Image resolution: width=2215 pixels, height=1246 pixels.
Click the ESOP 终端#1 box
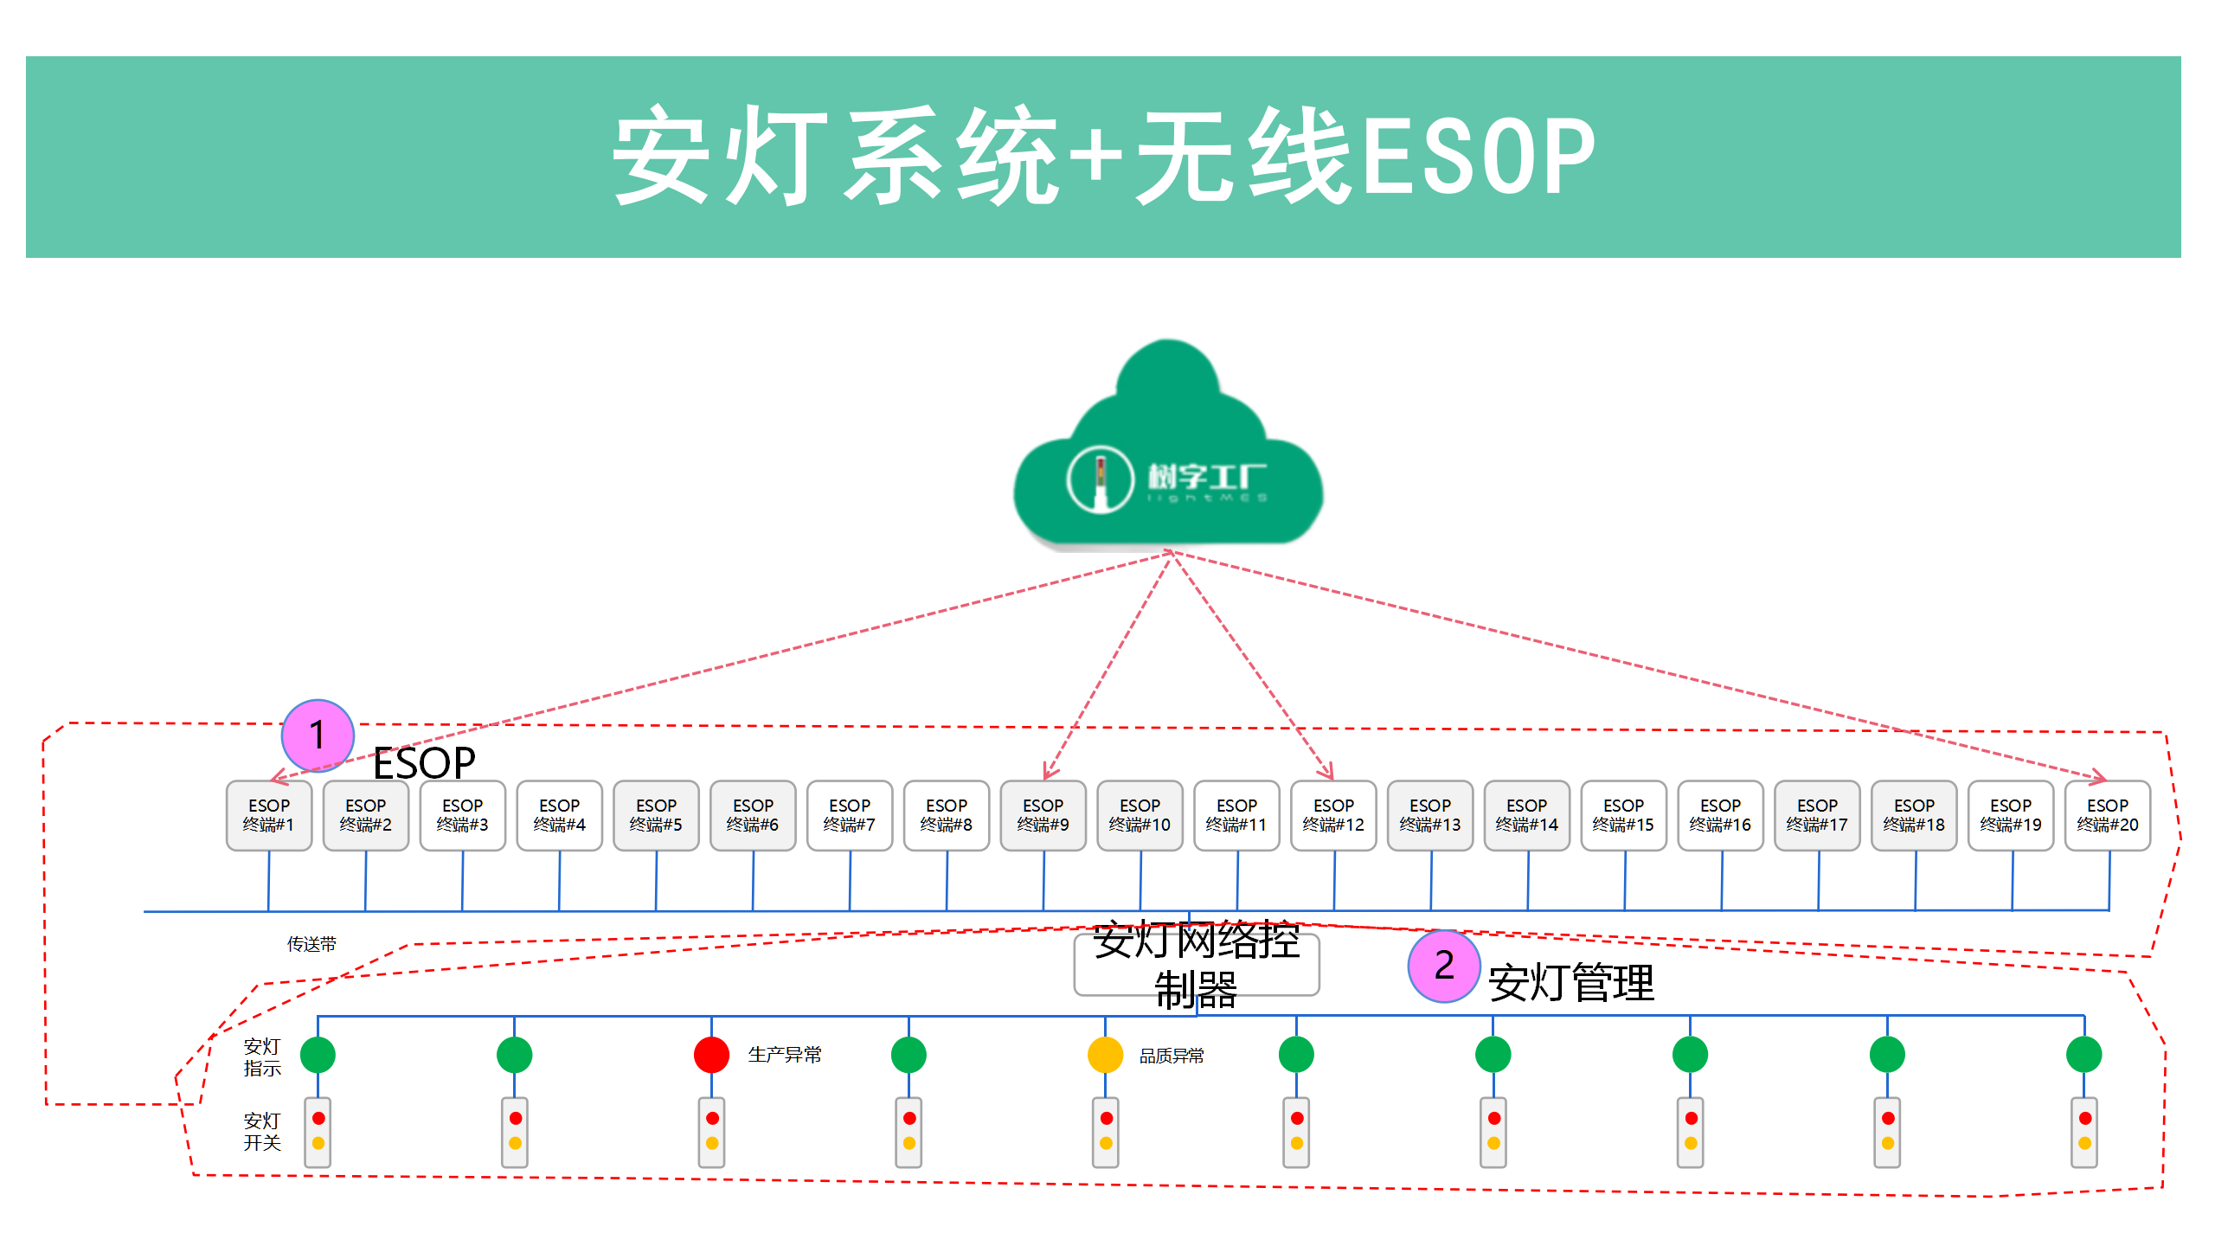(x=269, y=815)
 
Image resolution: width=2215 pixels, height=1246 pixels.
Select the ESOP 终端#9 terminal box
(x=1043, y=815)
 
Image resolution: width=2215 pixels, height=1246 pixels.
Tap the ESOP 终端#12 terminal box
(x=1333, y=815)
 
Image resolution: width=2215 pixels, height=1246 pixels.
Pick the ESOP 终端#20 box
(x=2108, y=815)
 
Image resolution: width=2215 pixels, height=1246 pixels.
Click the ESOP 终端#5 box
(x=656, y=815)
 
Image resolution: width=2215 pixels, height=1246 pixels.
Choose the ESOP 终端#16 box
(x=1720, y=815)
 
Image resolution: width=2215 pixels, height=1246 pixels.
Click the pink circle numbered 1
(x=318, y=735)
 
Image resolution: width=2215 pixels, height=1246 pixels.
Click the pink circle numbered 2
(x=1444, y=966)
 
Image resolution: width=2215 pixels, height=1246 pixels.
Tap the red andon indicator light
(x=711, y=1055)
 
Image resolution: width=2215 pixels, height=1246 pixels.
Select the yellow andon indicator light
(x=1105, y=1055)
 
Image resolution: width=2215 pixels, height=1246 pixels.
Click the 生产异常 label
(x=785, y=1055)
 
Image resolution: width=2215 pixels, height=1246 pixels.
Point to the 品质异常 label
(x=1172, y=1056)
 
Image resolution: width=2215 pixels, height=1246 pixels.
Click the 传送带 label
(x=311, y=944)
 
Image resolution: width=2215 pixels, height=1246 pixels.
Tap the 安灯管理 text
(x=1570, y=983)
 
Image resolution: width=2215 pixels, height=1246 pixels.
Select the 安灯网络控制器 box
(x=1197, y=965)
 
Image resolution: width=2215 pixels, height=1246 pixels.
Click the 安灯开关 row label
(x=262, y=1132)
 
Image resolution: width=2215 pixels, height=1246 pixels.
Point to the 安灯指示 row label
(x=262, y=1057)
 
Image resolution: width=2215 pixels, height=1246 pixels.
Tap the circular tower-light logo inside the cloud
(x=1100, y=478)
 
